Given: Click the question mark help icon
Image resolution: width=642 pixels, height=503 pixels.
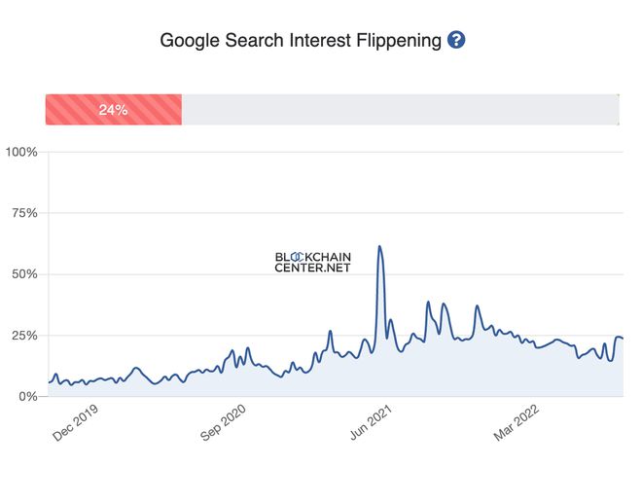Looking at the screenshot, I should tap(456, 40).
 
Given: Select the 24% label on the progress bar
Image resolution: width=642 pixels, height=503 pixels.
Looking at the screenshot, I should tap(113, 110).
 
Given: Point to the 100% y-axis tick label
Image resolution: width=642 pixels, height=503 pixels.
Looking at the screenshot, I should tap(21, 152).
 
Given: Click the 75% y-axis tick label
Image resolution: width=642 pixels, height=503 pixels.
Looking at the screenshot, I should tap(23, 213).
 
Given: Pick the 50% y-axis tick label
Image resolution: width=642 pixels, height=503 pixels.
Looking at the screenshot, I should tap(23, 274).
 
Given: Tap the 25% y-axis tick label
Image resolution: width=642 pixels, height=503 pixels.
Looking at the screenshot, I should tap(23, 336).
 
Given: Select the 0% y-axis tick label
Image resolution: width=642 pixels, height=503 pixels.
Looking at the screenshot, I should tap(27, 397).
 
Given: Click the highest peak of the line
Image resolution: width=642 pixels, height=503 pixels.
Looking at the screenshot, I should tap(379, 246).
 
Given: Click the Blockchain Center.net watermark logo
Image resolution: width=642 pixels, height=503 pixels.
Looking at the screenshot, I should tap(312, 262).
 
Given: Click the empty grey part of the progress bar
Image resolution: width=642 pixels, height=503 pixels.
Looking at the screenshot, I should tap(399, 110).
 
